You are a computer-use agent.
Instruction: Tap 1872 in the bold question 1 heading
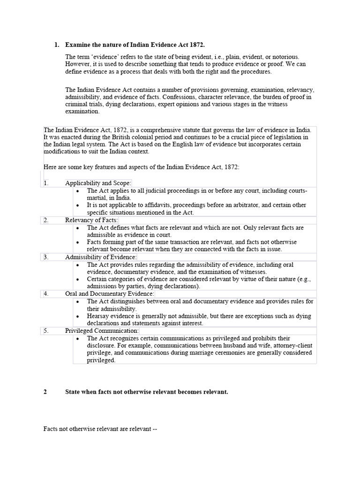196,45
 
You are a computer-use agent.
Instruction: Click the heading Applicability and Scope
98,183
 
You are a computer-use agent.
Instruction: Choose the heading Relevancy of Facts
91,220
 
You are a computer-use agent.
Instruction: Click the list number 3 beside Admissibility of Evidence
46,257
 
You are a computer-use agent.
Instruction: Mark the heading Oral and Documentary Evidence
109,293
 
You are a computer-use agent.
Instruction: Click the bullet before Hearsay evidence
78,316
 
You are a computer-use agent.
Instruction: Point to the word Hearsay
98,316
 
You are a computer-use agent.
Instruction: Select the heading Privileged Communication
102,330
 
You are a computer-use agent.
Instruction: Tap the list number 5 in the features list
46,330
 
